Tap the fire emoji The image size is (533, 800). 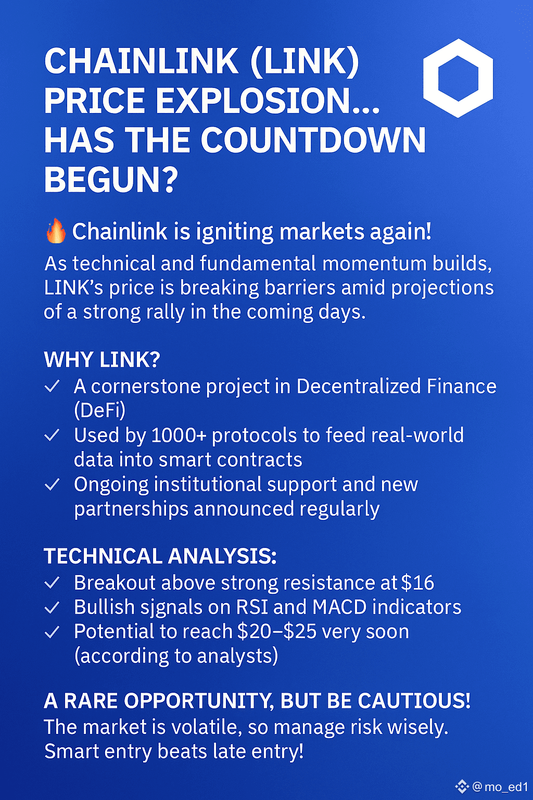pos(56,231)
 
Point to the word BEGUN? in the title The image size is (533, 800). pos(111,180)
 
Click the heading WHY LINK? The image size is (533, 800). pos(101,359)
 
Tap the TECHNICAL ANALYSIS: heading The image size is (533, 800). pos(160,556)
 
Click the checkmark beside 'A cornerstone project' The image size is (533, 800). pos(52,386)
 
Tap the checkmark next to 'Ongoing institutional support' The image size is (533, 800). pos(52,485)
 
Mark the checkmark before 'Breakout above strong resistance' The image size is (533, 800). pos(52,583)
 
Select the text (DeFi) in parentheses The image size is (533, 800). pos(99,411)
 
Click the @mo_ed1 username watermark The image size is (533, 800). pos(500,786)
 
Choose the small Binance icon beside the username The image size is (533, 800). pos(462,786)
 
